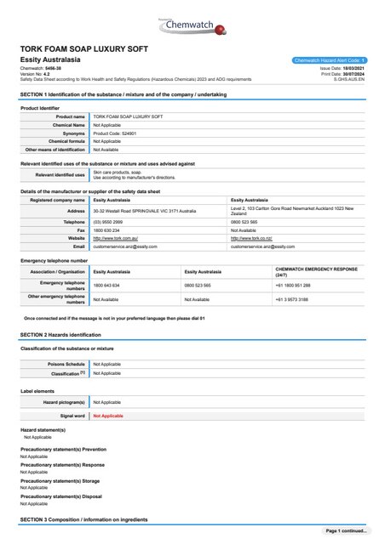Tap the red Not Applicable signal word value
coord(108,416)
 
